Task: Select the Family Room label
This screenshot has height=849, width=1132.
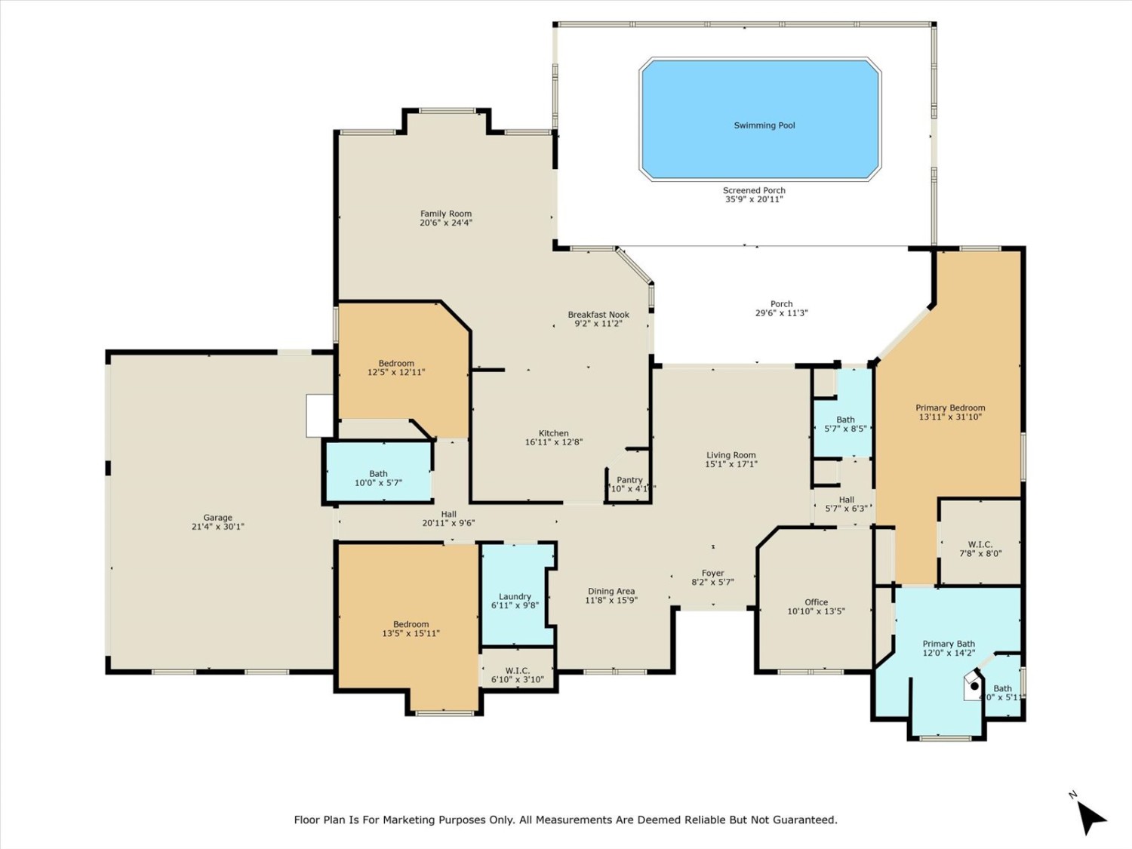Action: click(x=445, y=214)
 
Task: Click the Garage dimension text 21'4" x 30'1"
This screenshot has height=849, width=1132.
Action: click(x=217, y=527)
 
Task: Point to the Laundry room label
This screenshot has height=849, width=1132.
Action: click(x=515, y=596)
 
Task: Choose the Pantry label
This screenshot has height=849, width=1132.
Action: click(x=629, y=480)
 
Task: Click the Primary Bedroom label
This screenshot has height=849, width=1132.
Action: click(x=950, y=408)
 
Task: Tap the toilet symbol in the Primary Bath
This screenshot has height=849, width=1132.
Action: click(x=974, y=686)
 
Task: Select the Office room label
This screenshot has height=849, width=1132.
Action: click(x=816, y=602)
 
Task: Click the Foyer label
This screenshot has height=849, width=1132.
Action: click(x=712, y=573)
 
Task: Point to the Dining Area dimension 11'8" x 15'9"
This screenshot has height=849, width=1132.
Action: click(x=611, y=601)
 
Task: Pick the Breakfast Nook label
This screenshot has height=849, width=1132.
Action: click(x=598, y=315)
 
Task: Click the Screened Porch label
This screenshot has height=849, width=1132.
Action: click(x=754, y=190)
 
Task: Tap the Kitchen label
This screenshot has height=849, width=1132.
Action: click(x=553, y=433)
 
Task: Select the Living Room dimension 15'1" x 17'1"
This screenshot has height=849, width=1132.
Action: click(x=731, y=464)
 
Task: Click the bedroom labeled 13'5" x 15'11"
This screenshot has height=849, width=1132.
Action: click(x=411, y=629)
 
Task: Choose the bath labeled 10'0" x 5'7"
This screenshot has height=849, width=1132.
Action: click(x=378, y=478)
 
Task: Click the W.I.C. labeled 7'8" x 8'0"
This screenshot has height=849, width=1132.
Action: click(x=980, y=549)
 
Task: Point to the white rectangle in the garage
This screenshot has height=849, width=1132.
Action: click(x=319, y=415)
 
